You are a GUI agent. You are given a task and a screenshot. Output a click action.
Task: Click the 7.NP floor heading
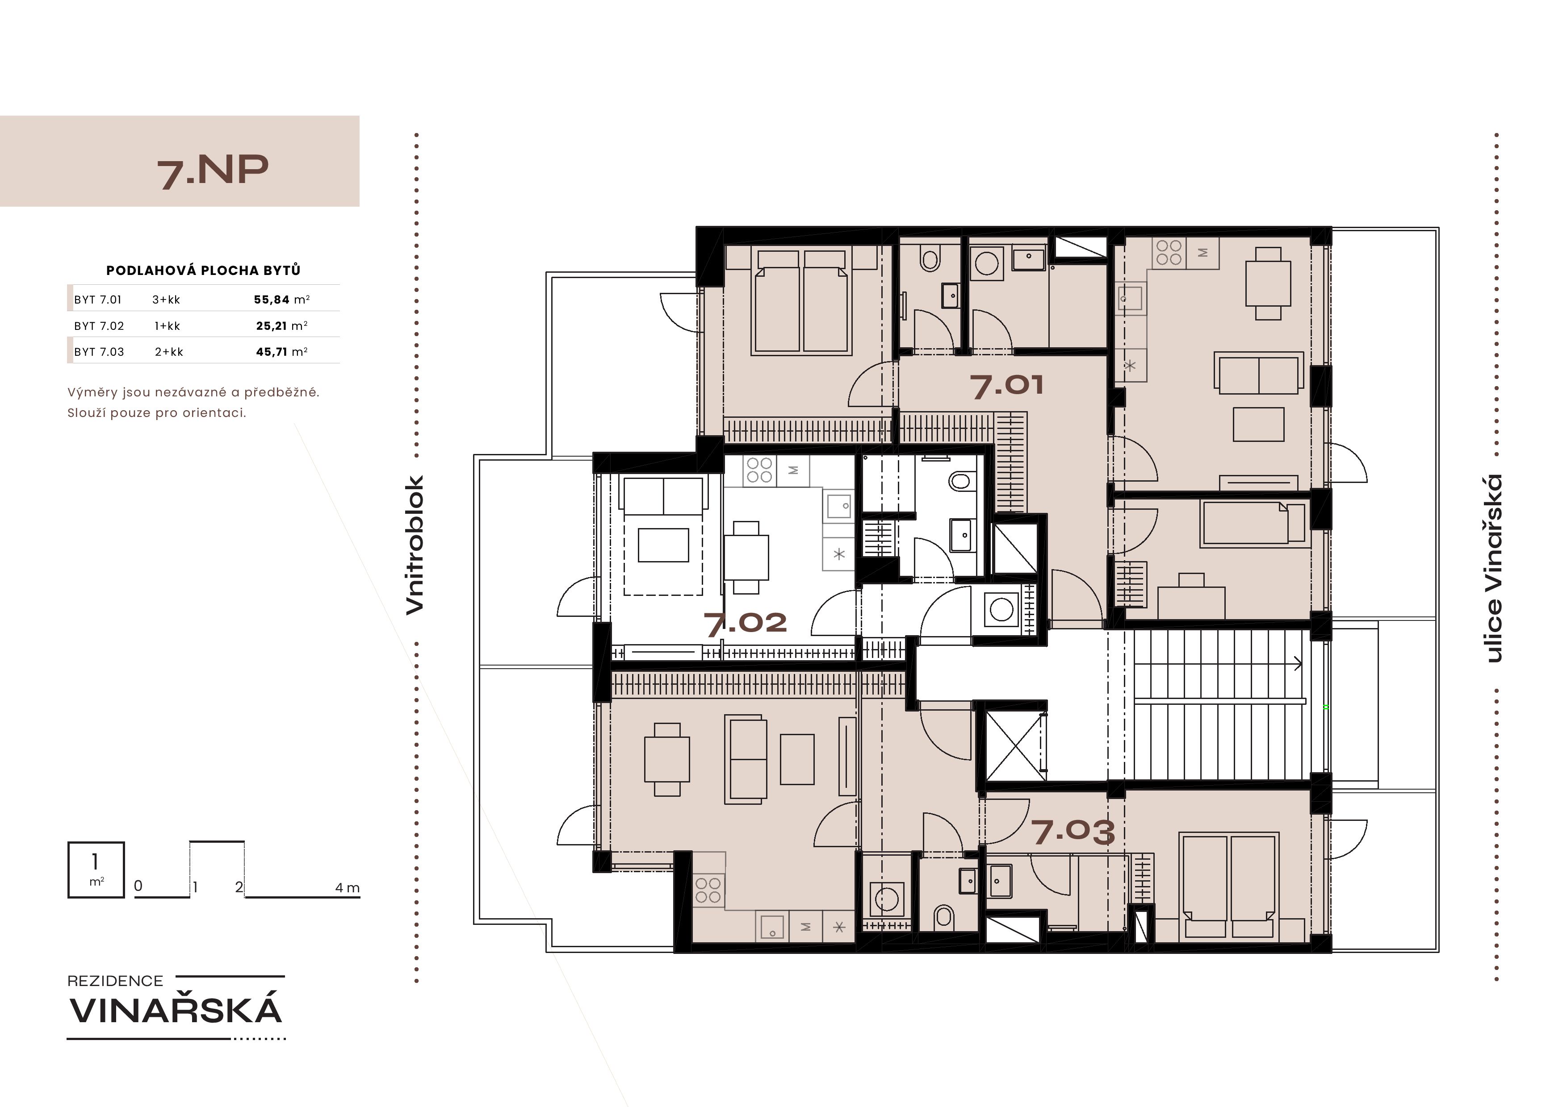pos(213,171)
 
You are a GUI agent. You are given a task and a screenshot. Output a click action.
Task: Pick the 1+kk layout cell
pos(167,326)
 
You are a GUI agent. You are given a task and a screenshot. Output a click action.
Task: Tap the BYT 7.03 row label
pos(100,352)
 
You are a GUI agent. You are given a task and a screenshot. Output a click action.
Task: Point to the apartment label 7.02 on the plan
pos(745,623)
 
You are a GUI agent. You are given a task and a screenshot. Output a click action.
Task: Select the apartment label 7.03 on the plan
pos(1073,832)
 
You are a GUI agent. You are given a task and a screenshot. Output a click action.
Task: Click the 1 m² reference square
pos(96,870)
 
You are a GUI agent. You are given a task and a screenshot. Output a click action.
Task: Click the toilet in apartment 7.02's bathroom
pos(959,482)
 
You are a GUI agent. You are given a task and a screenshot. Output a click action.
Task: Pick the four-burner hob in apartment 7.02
pos(759,470)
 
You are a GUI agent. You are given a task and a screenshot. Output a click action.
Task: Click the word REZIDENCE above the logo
pos(115,981)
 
